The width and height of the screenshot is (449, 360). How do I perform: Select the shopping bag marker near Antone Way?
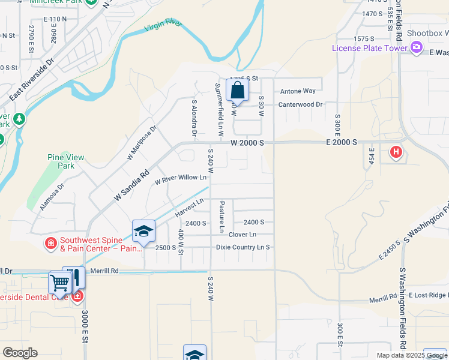click(x=238, y=91)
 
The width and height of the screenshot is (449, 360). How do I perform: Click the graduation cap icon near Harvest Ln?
click(x=144, y=232)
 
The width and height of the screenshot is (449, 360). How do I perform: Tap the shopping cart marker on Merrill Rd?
click(x=59, y=282)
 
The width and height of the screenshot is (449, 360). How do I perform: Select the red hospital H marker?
click(x=396, y=152)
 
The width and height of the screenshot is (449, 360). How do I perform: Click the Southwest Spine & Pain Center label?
click(x=90, y=244)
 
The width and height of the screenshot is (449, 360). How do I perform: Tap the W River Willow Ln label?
click(x=181, y=178)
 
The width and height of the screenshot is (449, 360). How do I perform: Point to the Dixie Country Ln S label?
click(x=243, y=247)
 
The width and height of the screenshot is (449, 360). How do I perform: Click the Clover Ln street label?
click(x=243, y=235)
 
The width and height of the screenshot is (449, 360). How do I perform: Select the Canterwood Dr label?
click(x=300, y=104)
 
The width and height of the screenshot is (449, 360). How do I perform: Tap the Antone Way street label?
click(x=298, y=91)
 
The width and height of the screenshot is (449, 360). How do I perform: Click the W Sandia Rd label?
click(x=131, y=186)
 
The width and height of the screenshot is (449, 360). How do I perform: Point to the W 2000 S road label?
click(x=247, y=143)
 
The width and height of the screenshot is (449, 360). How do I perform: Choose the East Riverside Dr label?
click(x=32, y=79)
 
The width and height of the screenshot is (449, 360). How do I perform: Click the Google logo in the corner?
click(x=20, y=353)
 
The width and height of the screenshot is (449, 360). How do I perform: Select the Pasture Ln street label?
click(x=221, y=217)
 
